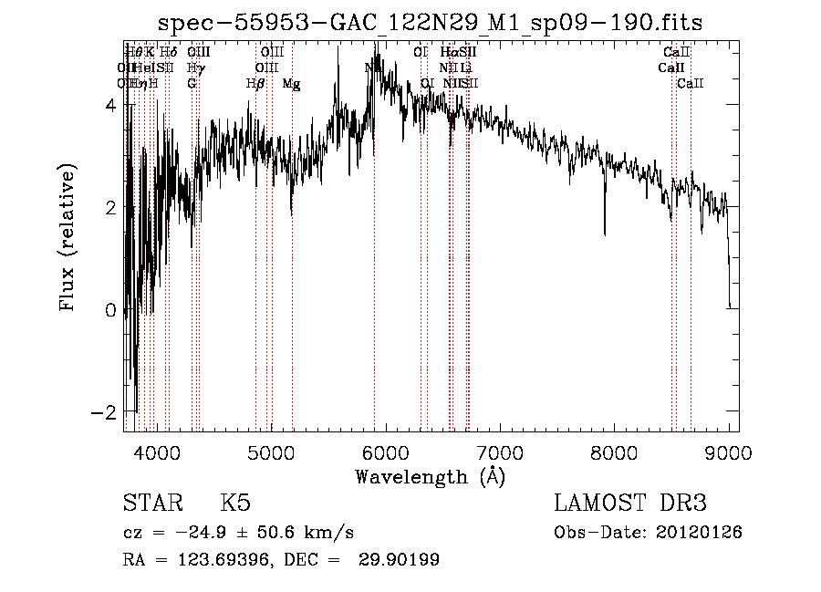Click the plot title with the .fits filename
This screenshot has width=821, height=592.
[431, 22]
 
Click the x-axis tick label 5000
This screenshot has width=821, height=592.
[271, 452]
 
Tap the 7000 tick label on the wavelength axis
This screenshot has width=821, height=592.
[500, 452]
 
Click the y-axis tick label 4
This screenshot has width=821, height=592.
[109, 105]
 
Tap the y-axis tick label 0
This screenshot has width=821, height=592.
[109, 310]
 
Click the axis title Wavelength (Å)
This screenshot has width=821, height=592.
[430, 476]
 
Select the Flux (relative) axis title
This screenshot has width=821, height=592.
[68, 237]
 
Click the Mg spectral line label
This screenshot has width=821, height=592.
[291, 84]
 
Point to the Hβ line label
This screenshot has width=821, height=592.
[255, 84]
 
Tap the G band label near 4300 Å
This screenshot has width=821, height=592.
[192, 84]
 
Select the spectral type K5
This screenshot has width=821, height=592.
[235, 504]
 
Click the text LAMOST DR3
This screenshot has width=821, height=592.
[629, 504]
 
